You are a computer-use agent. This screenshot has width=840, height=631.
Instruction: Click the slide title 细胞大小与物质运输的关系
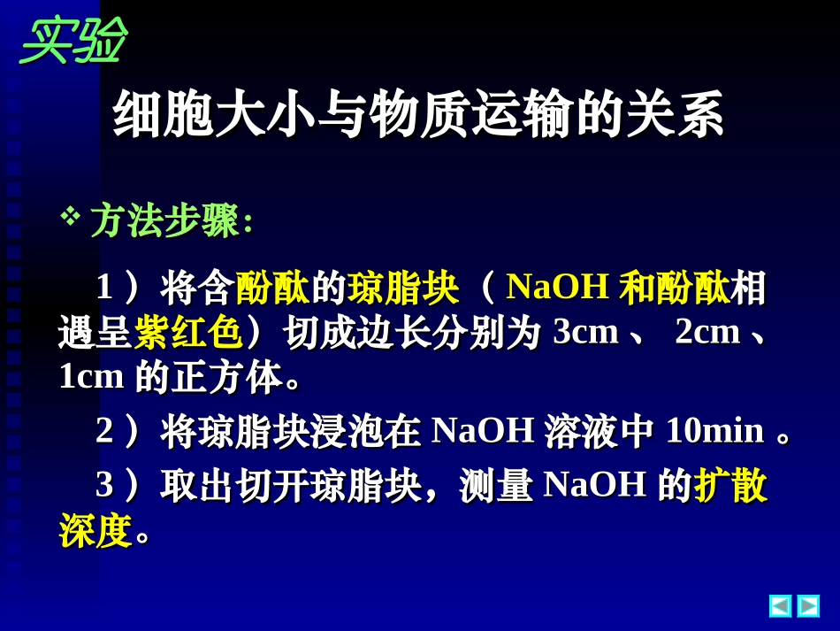[418, 114]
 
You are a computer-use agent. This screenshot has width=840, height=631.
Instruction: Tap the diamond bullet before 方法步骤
[69, 215]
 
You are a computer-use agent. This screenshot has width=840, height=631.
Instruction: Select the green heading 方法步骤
[165, 220]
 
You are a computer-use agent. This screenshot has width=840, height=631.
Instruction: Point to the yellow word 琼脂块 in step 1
[403, 288]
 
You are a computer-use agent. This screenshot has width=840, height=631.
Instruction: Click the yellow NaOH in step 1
[557, 287]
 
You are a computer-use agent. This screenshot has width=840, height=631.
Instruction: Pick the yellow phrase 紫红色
[188, 333]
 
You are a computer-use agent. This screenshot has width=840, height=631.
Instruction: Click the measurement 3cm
[585, 332]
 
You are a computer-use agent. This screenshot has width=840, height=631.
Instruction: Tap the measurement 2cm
[707, 332]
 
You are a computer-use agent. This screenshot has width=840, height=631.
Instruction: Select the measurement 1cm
[91, 377]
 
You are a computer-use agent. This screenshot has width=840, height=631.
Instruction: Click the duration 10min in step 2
[714, 431]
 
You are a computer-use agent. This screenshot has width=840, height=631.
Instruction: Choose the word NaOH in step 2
[483, 431]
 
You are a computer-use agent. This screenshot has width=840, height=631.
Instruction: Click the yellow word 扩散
[730, 485]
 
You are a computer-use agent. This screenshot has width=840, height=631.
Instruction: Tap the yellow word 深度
[95, 530]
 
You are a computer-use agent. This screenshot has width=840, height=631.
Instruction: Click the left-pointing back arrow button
[780, 605]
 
